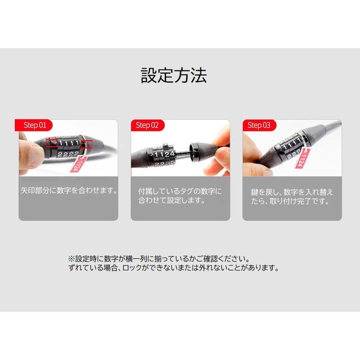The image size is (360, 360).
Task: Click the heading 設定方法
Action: (174, 75)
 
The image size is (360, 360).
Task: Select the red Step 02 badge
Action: (147, 126)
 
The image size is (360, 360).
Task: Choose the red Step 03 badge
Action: (259, 126)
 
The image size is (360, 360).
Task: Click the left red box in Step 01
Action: (52, 142)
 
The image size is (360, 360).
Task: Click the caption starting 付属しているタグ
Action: (180, 196)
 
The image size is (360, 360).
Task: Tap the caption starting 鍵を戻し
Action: (292, 196)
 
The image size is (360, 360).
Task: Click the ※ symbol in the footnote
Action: (71, 258)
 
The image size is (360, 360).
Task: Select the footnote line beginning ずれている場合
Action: (173, 268)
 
